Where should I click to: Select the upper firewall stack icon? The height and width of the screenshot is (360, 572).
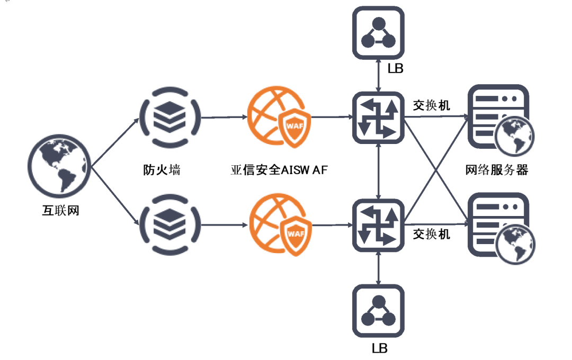pos(169,116)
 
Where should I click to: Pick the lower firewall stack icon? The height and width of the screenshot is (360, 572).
pos(169,224)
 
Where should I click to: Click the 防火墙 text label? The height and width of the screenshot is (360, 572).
pos(162,170)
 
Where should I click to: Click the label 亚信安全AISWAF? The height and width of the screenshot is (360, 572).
pos(280,170)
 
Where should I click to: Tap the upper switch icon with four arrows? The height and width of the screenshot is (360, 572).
pos(378,117)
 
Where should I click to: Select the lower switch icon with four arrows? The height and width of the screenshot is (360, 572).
pos(378,225)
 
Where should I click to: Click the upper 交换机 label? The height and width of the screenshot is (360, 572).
pos(432,105)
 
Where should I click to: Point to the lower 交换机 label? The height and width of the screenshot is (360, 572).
pos(432,233)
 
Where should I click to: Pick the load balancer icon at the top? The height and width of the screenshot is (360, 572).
pos(378,32)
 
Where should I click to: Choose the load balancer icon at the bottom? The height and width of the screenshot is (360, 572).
pos(378,311)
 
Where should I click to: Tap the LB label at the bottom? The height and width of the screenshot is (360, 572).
pos(379,348)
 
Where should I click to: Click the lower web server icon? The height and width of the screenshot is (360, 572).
pos(499,228)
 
